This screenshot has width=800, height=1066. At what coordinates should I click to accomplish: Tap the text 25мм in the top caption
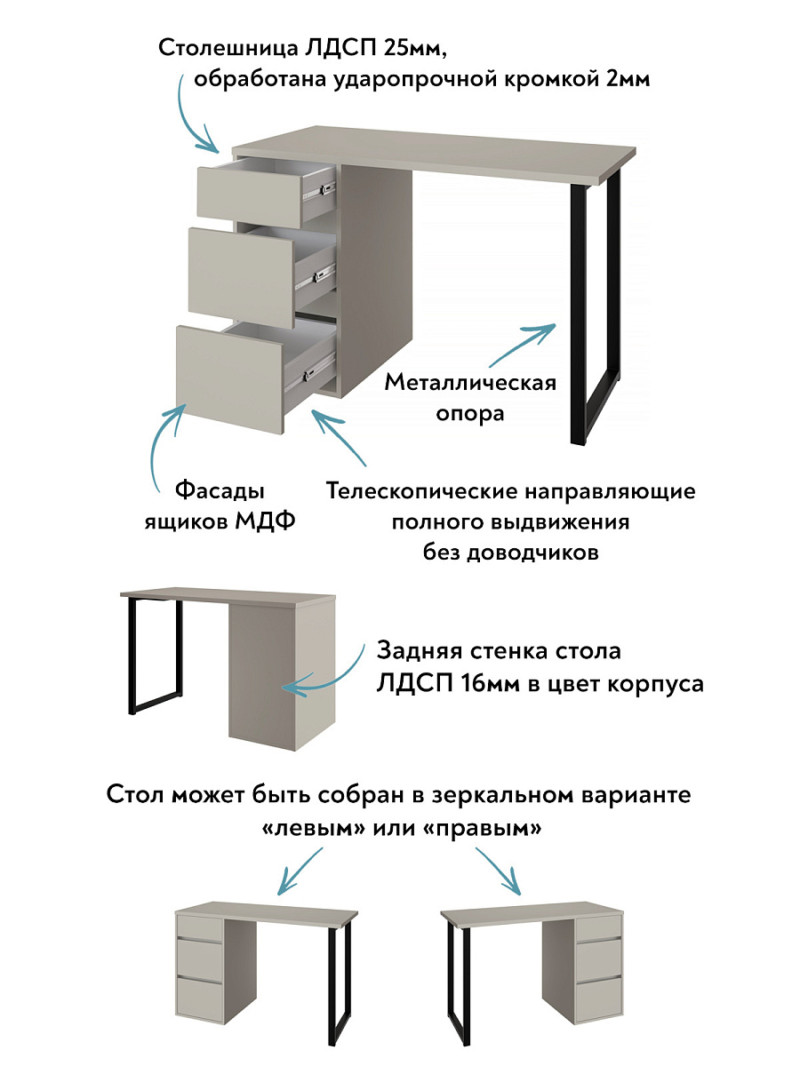coord(419,48)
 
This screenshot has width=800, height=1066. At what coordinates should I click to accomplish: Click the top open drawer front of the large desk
coord(248,190)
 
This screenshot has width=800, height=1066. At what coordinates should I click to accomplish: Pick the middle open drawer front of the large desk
coord(240,274)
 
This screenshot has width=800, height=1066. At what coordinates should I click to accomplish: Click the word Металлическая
coord(470,383)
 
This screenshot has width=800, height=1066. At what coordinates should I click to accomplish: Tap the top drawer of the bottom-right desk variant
coord(597,929)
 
